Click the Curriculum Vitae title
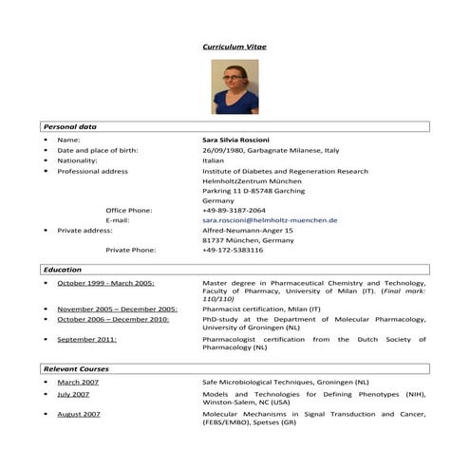(235, 45)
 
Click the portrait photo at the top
(235, 86)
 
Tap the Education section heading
(63, 270)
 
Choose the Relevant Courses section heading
(76, 368)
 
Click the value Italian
(213, 160)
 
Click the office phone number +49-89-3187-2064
(234, 210)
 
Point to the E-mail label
(118, 220)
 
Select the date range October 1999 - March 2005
(105, 283)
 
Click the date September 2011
(86, 339)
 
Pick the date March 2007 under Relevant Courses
(78, 382)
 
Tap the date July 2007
(73, 394)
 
